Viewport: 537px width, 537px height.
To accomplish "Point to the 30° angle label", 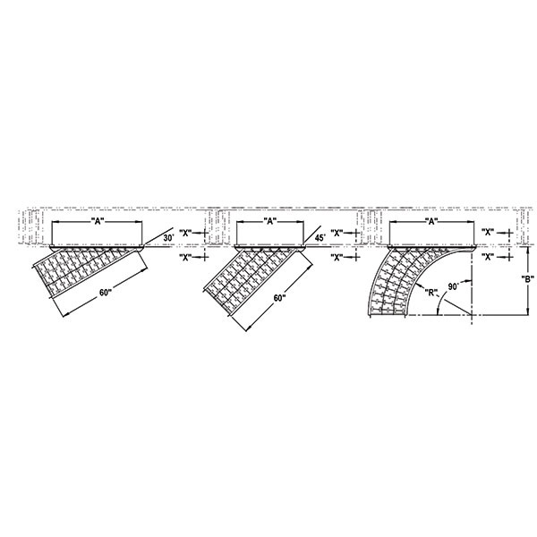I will [x=167, y=237].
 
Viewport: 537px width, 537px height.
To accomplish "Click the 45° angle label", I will [x=320, y=237].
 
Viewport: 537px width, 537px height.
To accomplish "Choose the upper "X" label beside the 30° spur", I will [x=187, y=233].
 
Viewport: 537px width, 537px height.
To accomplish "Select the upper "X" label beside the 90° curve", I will [x=488, y=233].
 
